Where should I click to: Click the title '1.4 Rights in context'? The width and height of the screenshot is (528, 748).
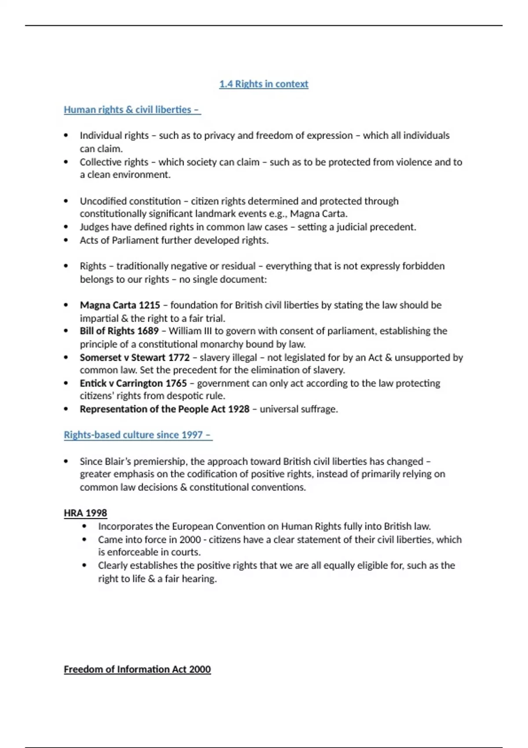(264, 84)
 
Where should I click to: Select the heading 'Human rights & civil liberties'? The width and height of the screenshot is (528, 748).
(132, 110)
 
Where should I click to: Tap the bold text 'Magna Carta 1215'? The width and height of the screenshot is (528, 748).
(120, 305)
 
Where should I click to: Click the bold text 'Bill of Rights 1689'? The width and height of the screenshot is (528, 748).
(119, 331)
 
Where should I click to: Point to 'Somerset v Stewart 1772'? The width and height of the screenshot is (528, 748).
(134, 357)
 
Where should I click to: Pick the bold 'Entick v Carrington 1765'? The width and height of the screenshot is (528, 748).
(133, 383)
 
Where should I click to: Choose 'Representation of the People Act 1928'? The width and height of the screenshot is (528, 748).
(164, 409)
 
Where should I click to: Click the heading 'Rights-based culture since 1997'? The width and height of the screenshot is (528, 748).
(137, 435)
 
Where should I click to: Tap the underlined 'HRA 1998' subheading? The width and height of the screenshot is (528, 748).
(85, 513)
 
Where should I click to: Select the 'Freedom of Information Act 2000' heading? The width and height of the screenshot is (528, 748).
(137, 669)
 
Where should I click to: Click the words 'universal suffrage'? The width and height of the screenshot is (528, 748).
(298, 409)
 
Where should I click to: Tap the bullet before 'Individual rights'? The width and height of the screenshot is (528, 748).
(66, 136)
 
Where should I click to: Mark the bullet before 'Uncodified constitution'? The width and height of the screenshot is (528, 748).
(66, 201)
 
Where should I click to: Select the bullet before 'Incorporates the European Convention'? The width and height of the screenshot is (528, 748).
(84, 527)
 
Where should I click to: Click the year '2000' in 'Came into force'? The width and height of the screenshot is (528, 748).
(190, 539)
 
